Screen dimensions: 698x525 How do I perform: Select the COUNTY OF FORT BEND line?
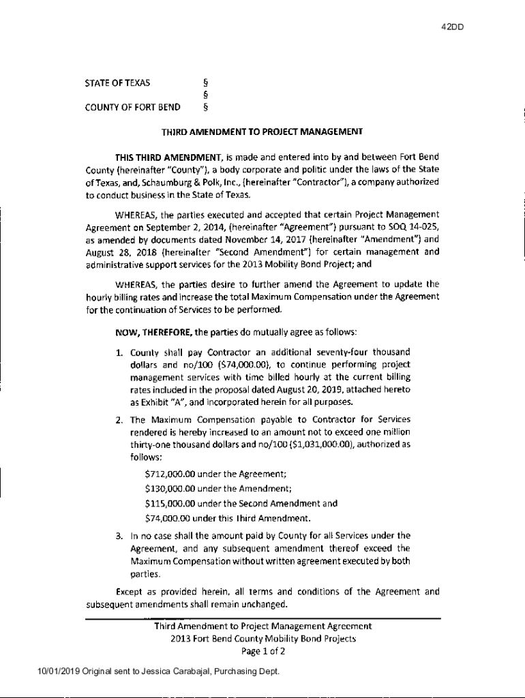132,107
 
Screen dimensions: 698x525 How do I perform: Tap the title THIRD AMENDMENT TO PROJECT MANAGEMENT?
261,132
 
